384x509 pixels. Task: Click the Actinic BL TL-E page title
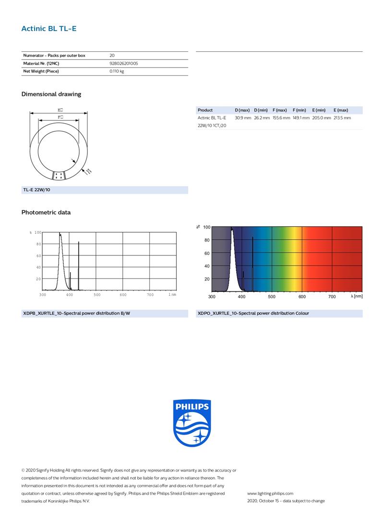pyautogui.click(x=48, y=29)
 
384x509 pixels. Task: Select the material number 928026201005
pyautogui.click(x=124, y=63)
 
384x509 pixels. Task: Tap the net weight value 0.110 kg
pyautogui.click(x=117, y=71)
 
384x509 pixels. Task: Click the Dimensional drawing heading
pyautogui.click(x=51, y=94)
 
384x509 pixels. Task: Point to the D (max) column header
pyautogui.click(x=242, y=110)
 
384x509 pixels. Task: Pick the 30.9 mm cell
pyautogui.click(x=242, y=118)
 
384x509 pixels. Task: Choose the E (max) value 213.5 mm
pyautogui.click(x=342, y=118)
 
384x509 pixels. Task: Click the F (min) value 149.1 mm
pyautogui.click(x=301, y=118)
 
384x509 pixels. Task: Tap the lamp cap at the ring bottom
pyautogui.click(x=59, y=176)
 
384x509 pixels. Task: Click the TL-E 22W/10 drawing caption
pyautogui.click(x=36, y=190)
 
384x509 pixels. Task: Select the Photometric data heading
pyautogui.click(x=46, y=212)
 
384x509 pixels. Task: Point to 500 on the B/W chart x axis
pyautogui.click(x=97, y=294)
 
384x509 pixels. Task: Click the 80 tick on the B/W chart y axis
pyautogui.click(x=38, y=244)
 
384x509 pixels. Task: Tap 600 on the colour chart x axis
pyautogui.click(x=302, y=297)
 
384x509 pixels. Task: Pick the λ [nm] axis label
pyautogui.click(x=356, y=297)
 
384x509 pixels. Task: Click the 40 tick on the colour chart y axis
pyautogui.click(x=207, y=266)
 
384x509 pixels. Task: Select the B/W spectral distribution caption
pyautogui.click(x=76, y=313)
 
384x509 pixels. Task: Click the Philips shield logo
pyautogui.click(x=192, y=423)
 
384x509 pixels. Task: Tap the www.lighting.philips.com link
pyautogui.click(x=270, y=493)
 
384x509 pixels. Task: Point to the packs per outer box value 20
pyautogui.click(x=112, y=56)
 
